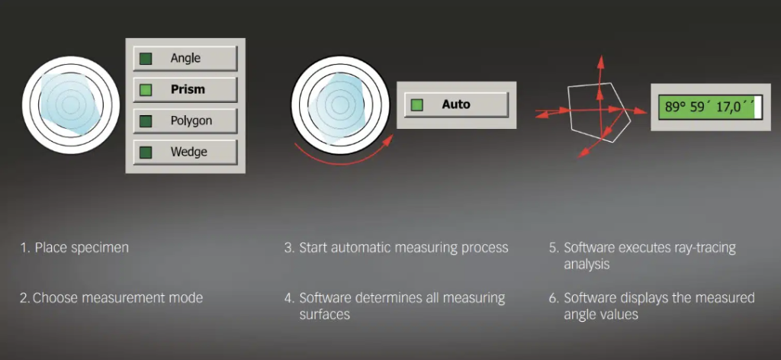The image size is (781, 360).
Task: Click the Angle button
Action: pyautogui.click(x=185, y=59)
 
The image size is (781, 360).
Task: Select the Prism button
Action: pyautogui.click(x=185, y=90)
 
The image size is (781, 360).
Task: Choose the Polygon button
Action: pyautogui.click(x=185, y=121)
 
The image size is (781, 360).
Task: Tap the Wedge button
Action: pyautogui.click(x=185, y=152)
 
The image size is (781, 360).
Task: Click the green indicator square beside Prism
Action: pyautogui.click(x=146, y=90)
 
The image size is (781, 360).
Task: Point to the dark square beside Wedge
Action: pyautogui.click(x=146, y=152)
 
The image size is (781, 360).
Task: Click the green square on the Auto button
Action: pyautogui.click(x=417, y=105)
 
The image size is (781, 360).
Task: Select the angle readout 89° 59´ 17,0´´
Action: pyautogui.click(x=707, y=107)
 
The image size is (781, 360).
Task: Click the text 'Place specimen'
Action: pyautogui.click(x=82, y=247)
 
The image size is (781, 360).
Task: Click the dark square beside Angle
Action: pyautogui.click(x=146, y=59)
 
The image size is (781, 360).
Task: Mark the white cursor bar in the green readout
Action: pyautogui.click(x=758, y=107)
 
